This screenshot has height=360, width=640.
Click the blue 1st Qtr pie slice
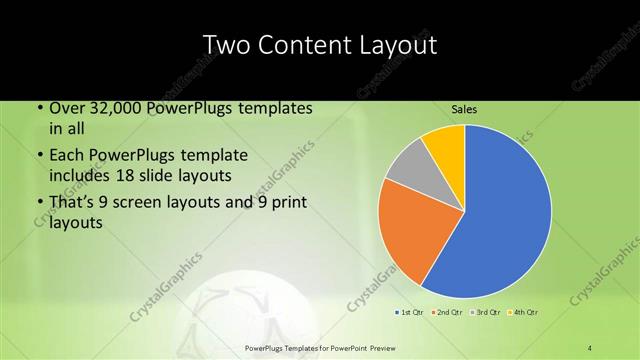click(500, 220)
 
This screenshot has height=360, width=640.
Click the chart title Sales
click(464, 108)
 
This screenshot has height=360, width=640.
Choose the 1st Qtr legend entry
click(409, 313)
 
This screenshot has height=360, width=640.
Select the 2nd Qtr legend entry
click(447, 313)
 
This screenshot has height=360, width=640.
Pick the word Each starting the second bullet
click(67, 156)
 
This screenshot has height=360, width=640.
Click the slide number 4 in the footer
click(590, 347)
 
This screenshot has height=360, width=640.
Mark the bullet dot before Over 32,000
click(38, 108)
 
